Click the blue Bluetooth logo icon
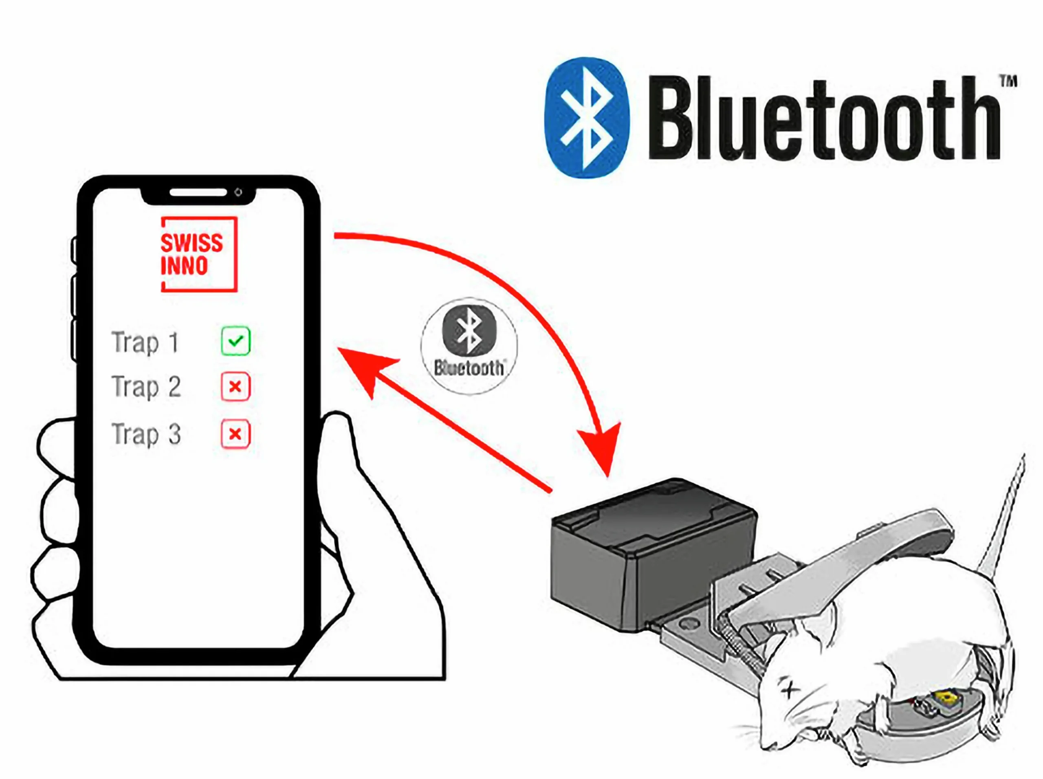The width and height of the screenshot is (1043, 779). [x=587, y=118]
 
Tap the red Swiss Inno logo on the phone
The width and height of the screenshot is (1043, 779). [x=199, y=254]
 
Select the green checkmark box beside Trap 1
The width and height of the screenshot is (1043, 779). [x=235, y=341]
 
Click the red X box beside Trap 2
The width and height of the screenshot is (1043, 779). [x=235, y=387]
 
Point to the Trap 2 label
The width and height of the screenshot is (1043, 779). [x=146, y=387]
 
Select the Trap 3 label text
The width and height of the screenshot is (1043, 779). [x=146, y=434]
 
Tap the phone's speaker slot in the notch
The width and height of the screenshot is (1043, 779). [x=198, y=192]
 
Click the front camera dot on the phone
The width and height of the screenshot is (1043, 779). [x=239, y=192]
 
